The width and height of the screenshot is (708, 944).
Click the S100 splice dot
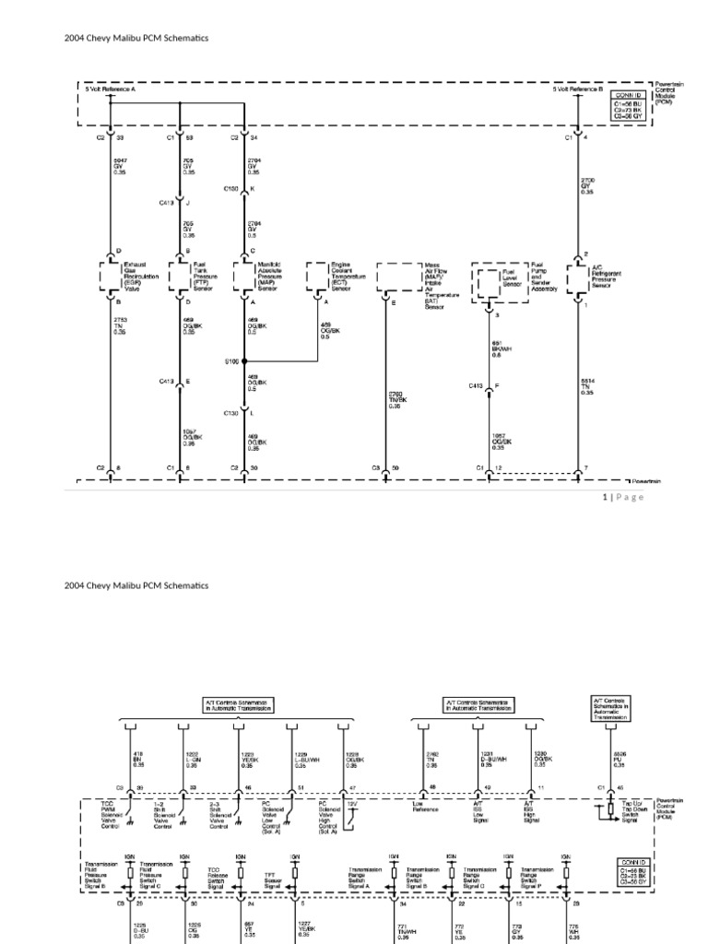244,361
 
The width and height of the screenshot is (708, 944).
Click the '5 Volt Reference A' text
111,89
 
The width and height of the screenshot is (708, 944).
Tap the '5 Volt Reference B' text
578,89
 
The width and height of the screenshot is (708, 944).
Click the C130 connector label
231,413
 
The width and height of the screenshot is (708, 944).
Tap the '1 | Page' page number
623,497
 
